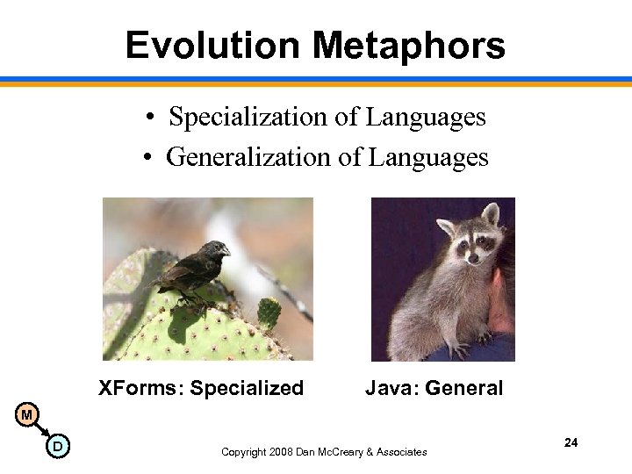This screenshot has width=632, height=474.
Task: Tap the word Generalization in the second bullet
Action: click(249, 157)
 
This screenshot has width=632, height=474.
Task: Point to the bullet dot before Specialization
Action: click(152, 118)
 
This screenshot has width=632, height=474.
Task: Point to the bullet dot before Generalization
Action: click(149, 159)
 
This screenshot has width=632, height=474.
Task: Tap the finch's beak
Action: click(226, 251)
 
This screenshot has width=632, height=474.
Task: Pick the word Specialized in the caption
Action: click(247, 388)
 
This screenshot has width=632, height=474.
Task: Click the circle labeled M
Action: click(27, 414)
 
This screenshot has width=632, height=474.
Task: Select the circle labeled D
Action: click(57, 448)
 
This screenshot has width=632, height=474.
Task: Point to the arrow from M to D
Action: click(41, 430)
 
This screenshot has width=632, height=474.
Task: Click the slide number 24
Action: click(571, 442)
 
